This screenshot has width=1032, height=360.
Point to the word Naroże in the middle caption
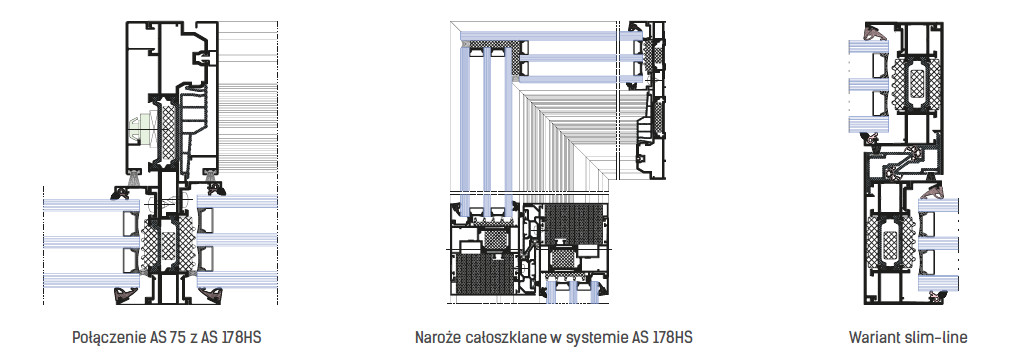click(x=436, y=338)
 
